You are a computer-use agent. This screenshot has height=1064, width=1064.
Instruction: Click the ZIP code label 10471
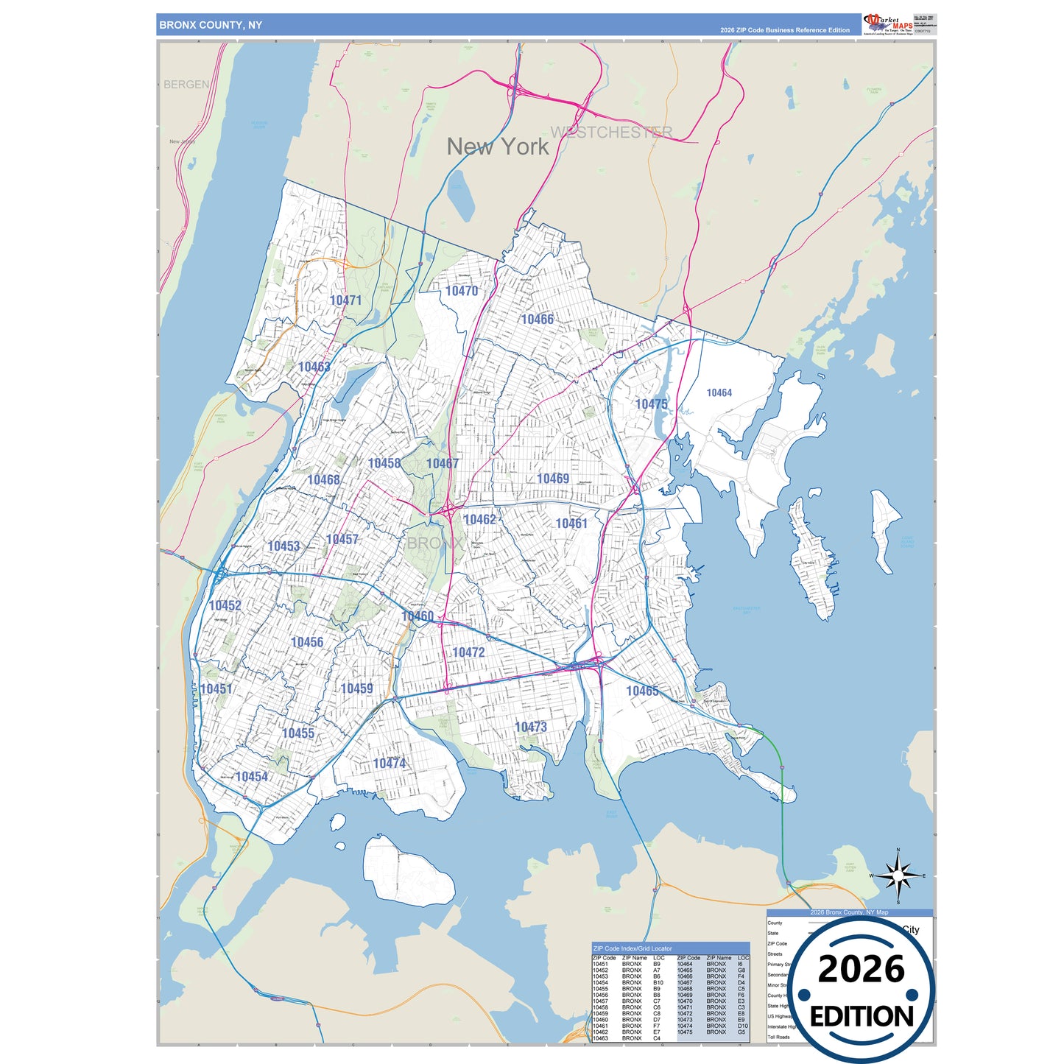point(345,300)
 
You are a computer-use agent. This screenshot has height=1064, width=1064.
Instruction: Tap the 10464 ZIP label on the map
point(719,393)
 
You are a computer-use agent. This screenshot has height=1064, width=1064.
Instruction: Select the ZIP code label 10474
point(389,764)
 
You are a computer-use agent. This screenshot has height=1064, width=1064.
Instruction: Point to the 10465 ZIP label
point(642,691)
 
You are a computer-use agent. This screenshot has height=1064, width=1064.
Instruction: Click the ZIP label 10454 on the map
point(251,777)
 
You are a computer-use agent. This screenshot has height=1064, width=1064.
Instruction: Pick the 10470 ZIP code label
point(462,292)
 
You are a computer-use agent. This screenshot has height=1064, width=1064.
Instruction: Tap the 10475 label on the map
point(651,404)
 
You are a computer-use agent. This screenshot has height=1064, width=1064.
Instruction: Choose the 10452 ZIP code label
point(225,606)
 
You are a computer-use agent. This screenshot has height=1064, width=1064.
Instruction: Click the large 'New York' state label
point(498,147)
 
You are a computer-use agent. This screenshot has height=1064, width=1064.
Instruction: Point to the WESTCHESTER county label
point(611,133)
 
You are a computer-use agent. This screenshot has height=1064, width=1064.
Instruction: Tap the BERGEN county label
point(186,85)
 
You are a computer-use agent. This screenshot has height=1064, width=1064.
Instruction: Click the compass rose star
point(898,875)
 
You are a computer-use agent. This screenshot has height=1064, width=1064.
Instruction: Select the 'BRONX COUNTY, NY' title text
point(211,25)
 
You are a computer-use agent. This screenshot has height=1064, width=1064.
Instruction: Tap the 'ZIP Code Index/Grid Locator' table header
point(633,948)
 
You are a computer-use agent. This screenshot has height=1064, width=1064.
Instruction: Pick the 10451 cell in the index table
point(600,964)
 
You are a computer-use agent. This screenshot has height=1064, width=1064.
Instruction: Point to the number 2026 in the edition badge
point(861,970)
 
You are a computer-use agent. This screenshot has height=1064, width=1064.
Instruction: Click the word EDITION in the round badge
point(862,1017)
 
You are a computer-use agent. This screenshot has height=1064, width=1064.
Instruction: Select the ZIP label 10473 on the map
point(530,727)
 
